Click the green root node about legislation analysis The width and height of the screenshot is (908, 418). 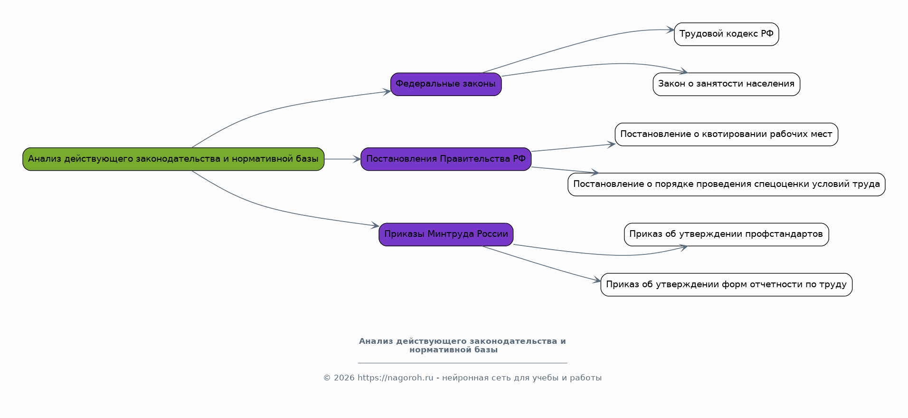point(173,159)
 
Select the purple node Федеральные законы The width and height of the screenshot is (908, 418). point(446,84)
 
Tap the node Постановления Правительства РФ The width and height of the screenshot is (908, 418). point(446,159)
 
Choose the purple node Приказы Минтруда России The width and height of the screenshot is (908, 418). point(446,234)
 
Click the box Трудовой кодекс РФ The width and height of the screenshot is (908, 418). point(726,34)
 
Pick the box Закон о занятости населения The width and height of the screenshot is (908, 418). point(726,84)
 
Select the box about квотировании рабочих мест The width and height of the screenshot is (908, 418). point(726,134)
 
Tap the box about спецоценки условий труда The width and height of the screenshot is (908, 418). point(726,185)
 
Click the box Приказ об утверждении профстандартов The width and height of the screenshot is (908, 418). point(726,234)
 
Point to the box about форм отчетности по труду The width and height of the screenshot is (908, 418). point(726,284)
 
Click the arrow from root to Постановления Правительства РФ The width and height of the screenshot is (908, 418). point(342,159)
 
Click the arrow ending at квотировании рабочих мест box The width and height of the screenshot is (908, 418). point(573,147)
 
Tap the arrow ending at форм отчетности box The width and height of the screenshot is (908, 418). point(541,264)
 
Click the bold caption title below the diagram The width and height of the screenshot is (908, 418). point(462,345)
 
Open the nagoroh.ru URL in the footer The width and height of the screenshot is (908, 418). point(395,378)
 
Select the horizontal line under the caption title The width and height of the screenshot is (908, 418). point(462,363)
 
